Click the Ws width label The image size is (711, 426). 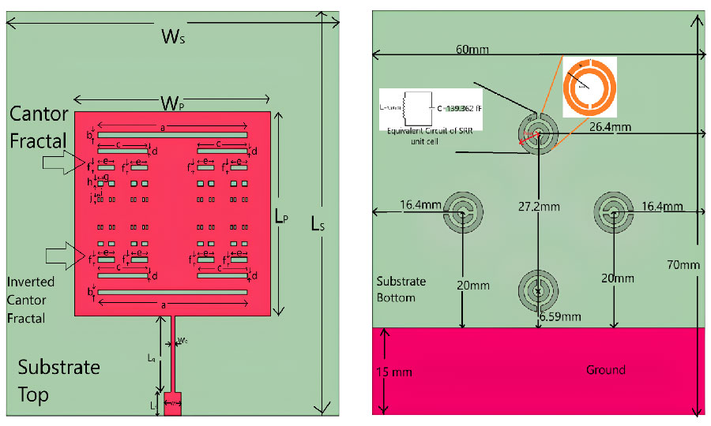pos(173,36)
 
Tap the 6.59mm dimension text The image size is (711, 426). pos(560,317)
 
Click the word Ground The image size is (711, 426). pos(606,370)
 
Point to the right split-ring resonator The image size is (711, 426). pos(614,211)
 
